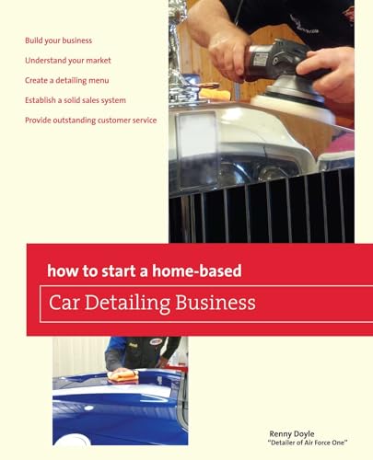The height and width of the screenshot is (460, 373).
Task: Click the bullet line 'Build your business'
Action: click(59, 40)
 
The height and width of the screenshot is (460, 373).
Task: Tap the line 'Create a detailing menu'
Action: click(69, 80)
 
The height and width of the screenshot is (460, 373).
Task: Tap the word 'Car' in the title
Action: click(72, 302)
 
